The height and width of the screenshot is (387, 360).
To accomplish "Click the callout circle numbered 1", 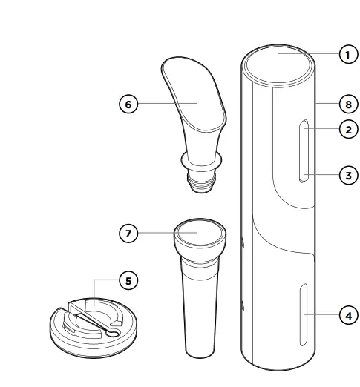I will pyautogui.click(x=347, y=54).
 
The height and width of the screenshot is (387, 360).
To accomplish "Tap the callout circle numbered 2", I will pyautogui.click(x=347, y=129).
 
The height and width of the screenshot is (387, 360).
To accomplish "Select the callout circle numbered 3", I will pyautogui.click(x=347, y=176).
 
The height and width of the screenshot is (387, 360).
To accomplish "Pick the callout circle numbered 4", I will pyautogui.click(x=347, y=315).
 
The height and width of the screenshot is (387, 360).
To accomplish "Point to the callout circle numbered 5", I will pyautogui.click(x=129, y=281).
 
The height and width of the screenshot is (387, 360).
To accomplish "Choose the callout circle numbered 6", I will pyautogui.click(x=129, y=105).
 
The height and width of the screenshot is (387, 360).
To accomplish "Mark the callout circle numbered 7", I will pyautogui.click(x=129, y=233).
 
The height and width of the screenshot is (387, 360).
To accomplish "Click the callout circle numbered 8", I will pyautogui.click(x=347, y=105).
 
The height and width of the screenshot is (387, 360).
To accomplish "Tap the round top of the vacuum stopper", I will pyautogui.click(x=199, y=231).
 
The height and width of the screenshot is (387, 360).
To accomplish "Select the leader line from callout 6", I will pyautogui.click(x=160, y=105).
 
